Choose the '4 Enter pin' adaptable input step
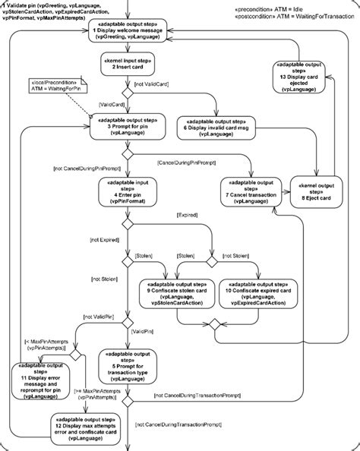pyautogui.click(x=126, y=193)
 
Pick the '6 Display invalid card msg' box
pyautogui.click(x=213, y=126)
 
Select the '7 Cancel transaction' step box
pyautogui.click(x=249, y=191)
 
